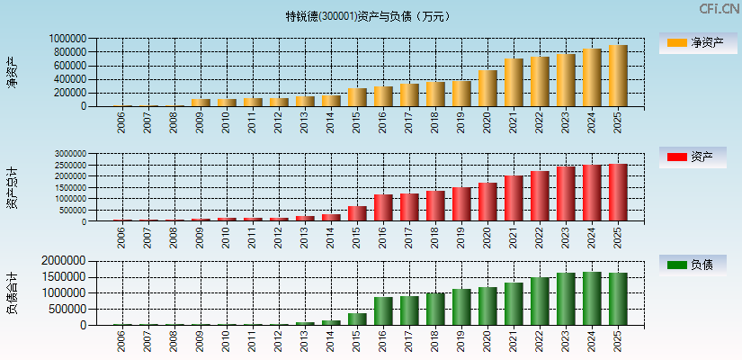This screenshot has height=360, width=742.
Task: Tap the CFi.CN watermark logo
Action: pos(720,9)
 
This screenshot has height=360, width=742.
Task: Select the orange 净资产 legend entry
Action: pos(693,42)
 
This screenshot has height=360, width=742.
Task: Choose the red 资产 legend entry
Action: pos(693,157)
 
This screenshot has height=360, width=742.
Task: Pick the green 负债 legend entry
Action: pos(693,265)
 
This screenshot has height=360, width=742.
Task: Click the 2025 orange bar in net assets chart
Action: pos(618,76)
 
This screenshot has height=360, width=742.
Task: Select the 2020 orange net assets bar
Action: pos(487,88)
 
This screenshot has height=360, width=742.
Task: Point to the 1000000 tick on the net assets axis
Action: pos(69,40)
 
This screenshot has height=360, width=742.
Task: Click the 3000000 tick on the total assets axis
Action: pos(69,155)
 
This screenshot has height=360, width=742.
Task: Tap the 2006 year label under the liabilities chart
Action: pos(121,341)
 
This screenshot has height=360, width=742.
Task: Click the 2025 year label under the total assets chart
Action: pos(618,237)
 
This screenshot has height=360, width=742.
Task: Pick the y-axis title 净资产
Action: pos(12,72)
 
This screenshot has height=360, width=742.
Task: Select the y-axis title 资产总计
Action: pos(12,188)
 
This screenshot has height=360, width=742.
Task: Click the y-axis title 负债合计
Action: pos(12,292)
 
